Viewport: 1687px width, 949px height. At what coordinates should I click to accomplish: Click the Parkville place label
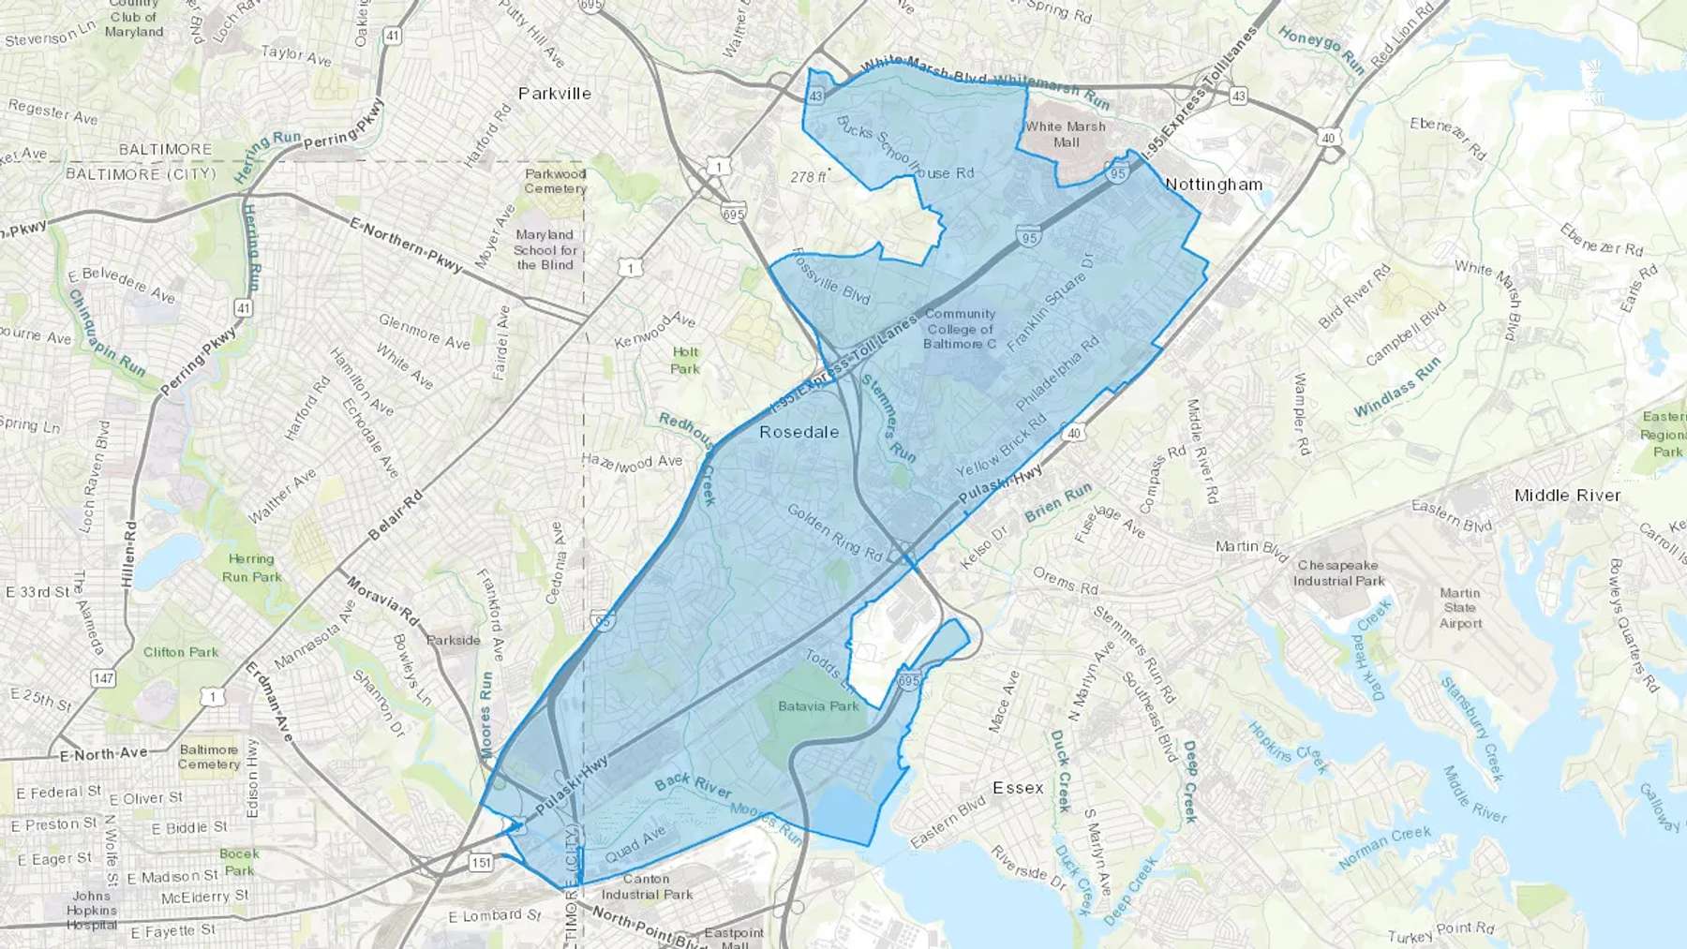(555, 94)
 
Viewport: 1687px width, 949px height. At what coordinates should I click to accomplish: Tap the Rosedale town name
(799, 432)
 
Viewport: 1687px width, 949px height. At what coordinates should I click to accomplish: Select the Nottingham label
(1214, 185)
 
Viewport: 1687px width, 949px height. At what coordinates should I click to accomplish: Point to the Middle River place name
(1567, 495)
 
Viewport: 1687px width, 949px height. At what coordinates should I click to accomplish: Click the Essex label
(1018, 787)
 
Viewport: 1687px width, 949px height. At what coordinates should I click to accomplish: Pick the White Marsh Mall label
(1066, 134)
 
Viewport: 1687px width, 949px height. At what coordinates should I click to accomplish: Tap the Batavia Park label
(818, 705)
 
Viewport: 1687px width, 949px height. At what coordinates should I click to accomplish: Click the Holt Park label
(685, 361)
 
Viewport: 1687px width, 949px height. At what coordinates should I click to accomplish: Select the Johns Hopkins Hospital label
(92, 910)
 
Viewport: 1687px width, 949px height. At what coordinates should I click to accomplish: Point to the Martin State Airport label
(1460, 608)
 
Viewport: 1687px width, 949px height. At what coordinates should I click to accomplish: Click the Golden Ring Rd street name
(834, 533)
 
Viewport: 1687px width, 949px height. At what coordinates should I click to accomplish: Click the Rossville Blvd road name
(831, 277)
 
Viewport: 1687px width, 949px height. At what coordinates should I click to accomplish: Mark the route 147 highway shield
(103, 677)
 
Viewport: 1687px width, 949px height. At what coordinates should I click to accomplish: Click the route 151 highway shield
(481, 862)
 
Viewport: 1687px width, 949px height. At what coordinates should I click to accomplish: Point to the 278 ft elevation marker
(809, 176)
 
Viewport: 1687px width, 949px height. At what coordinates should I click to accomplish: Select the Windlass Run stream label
(1396, 387)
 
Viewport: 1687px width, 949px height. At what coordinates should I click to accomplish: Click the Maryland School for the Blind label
(545, 249)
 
